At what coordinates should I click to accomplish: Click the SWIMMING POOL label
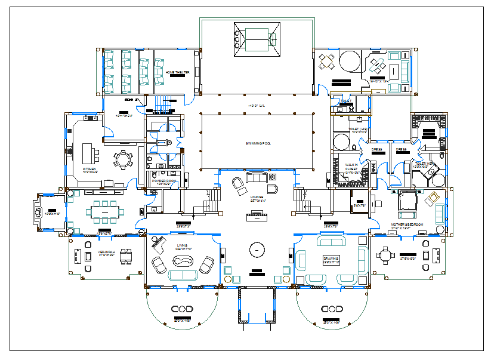(x=258, y=144)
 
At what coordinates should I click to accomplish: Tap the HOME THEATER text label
(x=177, y=72)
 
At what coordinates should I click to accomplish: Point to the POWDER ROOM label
(x=162, y=181)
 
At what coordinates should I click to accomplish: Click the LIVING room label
(x=182, y=245)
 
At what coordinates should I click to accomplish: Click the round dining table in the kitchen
(x=123, y=159)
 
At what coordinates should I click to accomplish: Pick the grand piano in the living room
(x=159, y=242)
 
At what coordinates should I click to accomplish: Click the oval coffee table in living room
(x=182, y=261)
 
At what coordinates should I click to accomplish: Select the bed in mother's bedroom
(x=407, y=203)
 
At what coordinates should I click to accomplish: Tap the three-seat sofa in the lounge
(x=257, y=177)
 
